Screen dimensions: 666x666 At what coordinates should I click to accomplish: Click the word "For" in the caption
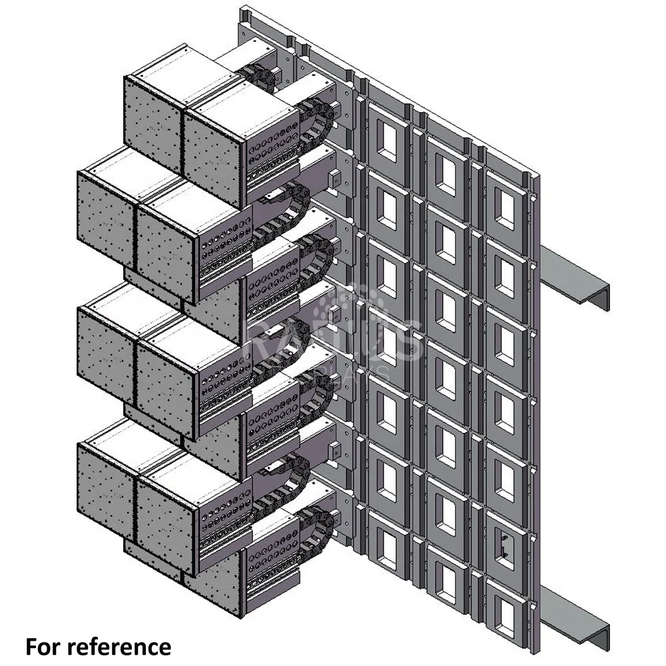click(45, 646)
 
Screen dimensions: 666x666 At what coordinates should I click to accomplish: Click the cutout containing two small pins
click(505, 545)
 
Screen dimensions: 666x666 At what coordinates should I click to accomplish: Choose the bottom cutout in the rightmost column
click(504, 613)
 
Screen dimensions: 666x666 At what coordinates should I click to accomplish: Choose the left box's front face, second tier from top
click(107, 220)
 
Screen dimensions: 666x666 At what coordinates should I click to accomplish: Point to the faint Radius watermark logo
click(333, 333)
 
